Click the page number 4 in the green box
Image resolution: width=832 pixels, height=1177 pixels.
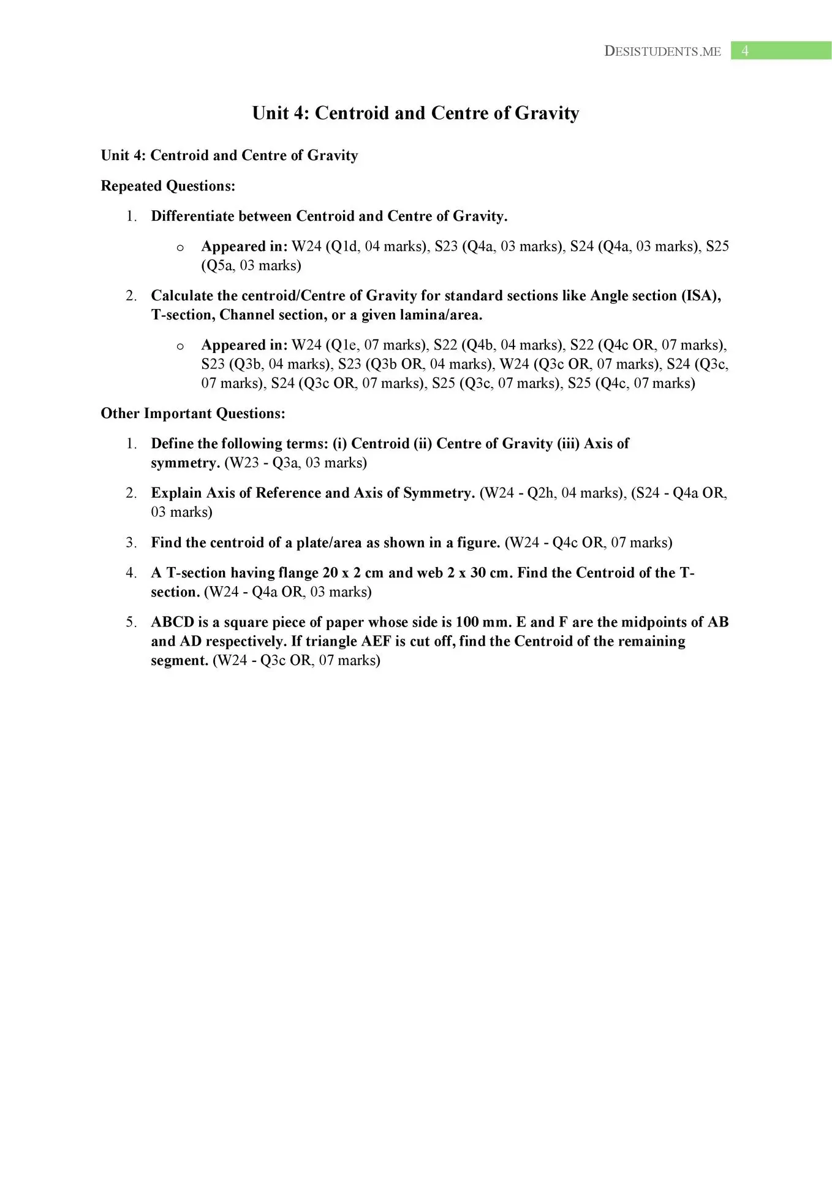click(x=744, y=51)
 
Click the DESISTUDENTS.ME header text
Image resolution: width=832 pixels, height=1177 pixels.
click(x=662, y=51)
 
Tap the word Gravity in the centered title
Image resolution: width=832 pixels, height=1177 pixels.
click(x=546, y=113)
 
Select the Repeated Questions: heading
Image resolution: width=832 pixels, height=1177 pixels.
click(x=168, y=186)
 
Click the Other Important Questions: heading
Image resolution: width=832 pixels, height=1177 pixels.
click(x=193, y=413)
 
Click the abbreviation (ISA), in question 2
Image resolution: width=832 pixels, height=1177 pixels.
click(x=701, y=295)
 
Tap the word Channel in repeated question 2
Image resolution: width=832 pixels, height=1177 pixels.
click(x=247, y=315)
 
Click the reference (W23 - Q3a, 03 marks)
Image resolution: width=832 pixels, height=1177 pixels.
click(x=295, y=463)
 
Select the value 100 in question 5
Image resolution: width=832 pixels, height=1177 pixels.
click(x=466, y=622)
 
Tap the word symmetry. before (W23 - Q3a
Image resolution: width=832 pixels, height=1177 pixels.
click(x=185, y=463)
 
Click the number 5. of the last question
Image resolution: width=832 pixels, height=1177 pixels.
click(x=131, y=622)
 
